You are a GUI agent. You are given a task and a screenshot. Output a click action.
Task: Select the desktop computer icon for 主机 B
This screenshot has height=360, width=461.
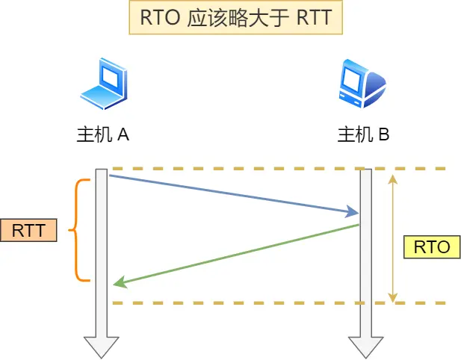point(362,84)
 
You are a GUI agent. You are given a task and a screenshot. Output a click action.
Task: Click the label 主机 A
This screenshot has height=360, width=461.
point(103,134)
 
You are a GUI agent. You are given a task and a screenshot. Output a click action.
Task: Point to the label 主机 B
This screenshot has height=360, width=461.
point(363,134)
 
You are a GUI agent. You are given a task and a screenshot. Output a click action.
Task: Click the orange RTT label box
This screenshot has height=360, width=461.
point(28,230)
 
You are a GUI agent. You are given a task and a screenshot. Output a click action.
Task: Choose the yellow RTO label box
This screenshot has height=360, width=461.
point(431,247)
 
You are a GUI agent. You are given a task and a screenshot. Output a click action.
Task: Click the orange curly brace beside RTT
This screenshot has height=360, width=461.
point(78,230)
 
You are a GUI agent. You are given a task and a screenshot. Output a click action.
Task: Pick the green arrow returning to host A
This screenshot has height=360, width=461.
point(235,255)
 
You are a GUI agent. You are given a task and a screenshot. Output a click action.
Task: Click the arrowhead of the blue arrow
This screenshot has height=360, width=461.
point(353,213)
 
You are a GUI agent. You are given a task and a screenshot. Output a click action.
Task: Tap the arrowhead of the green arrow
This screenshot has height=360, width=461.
point(118,284)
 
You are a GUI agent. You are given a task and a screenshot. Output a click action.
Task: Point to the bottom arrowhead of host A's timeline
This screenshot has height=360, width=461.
point(101,347)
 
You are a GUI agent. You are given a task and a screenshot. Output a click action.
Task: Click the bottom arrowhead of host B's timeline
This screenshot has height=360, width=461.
point(365,347)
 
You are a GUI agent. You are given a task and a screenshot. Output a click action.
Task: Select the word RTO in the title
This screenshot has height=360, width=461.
point(153,17)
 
